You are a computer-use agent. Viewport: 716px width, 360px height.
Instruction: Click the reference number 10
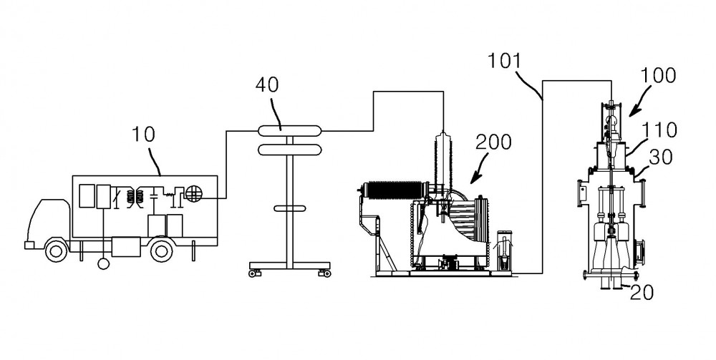coord(143,134)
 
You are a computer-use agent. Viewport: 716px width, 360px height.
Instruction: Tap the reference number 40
coord(266,85)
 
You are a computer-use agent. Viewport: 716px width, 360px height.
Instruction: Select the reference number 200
coord(493,142)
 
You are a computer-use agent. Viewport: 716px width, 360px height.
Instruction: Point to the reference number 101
coord(505,61)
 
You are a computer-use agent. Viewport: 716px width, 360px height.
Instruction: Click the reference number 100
coord(658,75)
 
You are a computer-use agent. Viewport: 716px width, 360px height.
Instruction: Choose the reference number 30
coord(661,157)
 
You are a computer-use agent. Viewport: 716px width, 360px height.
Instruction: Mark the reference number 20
coord(642,293)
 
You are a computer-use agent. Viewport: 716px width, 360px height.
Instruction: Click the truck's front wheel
coord(56,251)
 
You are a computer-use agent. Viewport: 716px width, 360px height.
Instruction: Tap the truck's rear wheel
coord(161,251)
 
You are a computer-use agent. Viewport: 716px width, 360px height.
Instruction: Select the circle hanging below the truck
coord(104,263)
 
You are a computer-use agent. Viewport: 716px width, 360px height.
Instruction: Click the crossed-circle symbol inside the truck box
coord(193,195)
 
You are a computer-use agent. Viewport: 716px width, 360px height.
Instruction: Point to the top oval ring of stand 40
coord(291,130)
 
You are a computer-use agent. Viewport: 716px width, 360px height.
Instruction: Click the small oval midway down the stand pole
coord(290,208)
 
